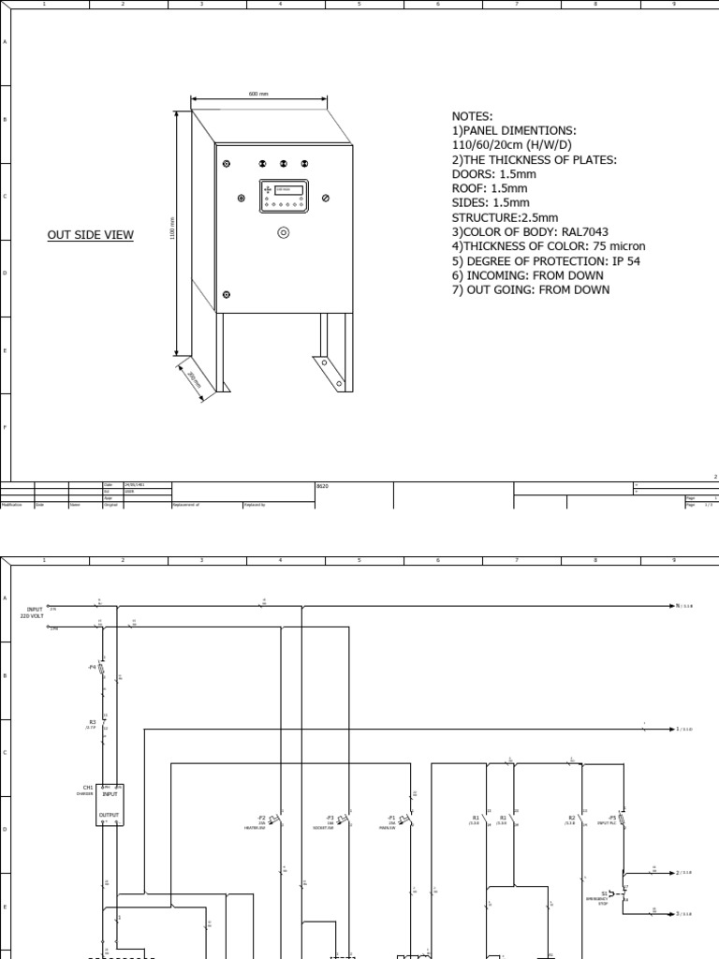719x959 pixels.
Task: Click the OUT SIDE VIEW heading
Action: (91, 235)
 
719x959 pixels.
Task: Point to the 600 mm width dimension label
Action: (258, 95)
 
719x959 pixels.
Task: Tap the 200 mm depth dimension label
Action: (193, 379)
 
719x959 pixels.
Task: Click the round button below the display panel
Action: (283, 232)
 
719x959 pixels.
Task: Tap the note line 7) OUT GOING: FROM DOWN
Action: (530, 289)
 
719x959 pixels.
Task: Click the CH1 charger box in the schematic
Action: (110, 804)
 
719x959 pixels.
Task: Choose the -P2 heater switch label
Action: (261, 818)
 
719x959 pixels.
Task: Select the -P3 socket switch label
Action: (330, 818)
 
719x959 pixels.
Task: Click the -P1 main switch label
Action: (392, 818)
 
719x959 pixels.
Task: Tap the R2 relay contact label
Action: (571, 818)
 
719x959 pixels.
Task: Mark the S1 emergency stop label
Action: (605, 893)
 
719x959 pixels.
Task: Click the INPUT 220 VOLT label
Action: (36, 612)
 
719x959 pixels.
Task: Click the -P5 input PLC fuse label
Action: (612, 818)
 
